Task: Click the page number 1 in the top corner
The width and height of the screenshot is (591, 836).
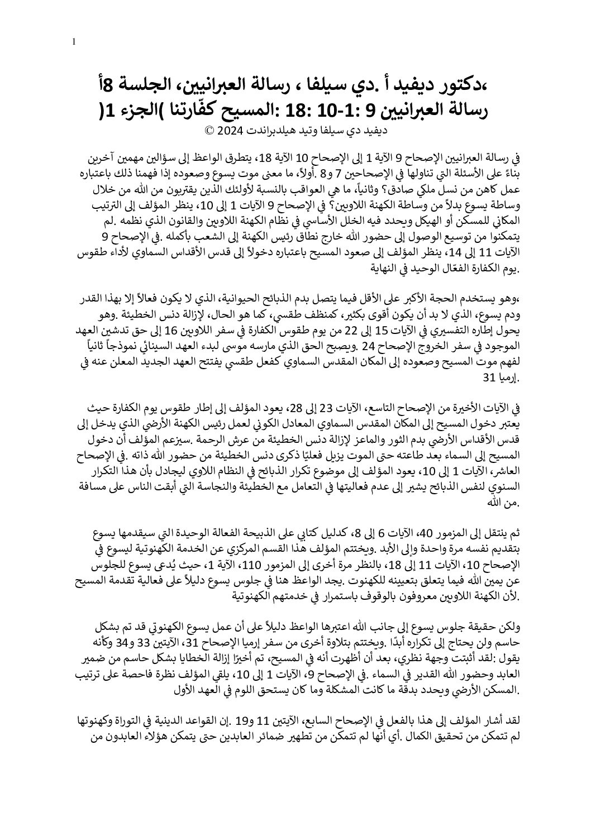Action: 74,42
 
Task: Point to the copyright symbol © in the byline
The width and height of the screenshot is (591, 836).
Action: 210,132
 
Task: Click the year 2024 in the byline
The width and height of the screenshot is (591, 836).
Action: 231,132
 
